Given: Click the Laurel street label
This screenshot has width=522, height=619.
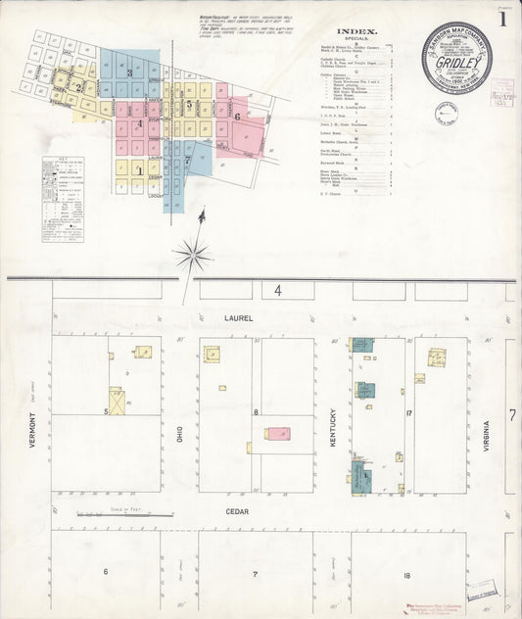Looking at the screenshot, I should tap(237, 318).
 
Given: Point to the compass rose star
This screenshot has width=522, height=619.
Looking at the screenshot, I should tap(194, 257).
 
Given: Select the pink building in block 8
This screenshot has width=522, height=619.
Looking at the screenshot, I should tap(278, 433).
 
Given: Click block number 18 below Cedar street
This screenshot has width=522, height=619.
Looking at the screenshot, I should tap(405, 573).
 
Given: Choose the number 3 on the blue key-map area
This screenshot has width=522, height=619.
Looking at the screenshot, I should tap(129, 73).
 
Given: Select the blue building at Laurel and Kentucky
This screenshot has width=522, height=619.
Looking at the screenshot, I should tap(361, 345).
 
